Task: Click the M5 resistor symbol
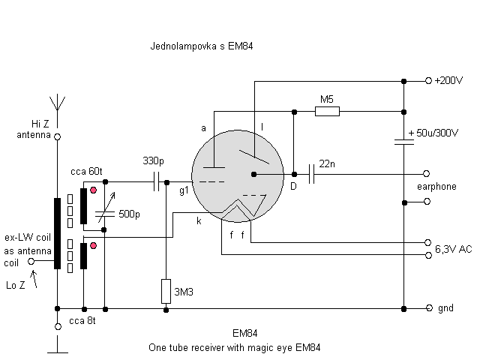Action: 327,112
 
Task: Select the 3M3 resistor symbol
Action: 166,289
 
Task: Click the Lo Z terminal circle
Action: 31,262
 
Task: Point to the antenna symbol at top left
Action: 57,103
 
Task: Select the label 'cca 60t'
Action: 85,172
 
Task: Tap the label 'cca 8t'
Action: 83,321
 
